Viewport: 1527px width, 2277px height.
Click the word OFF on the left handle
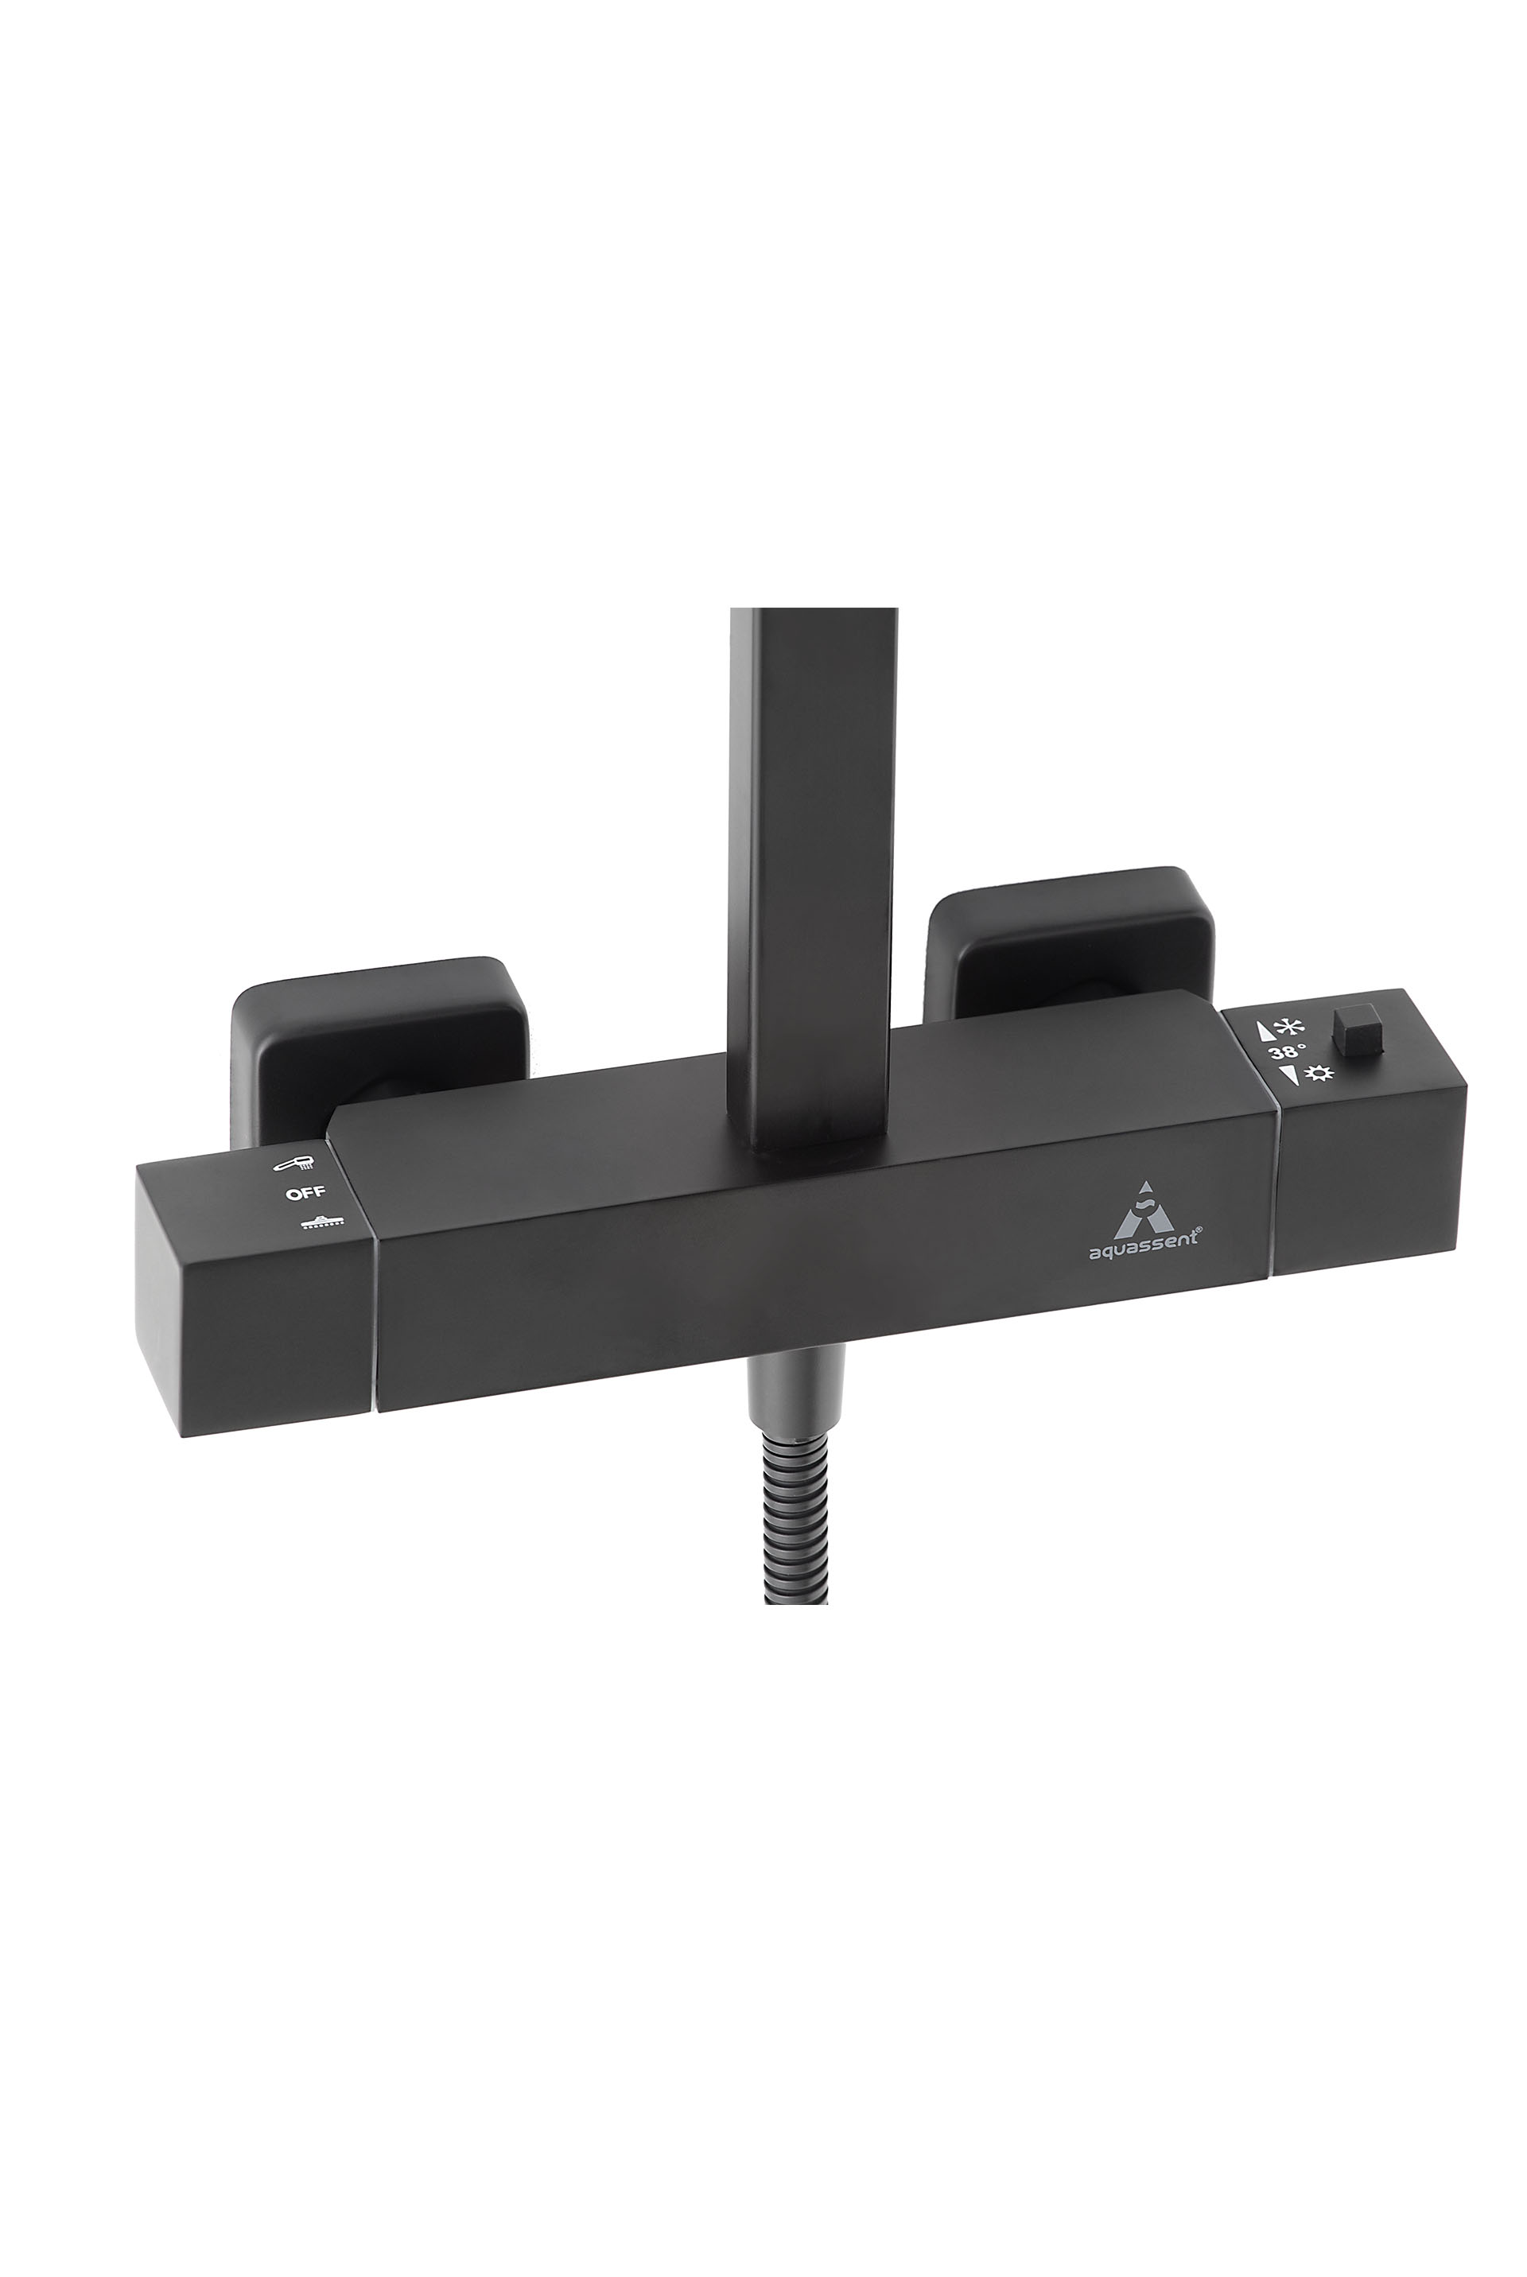coord(305,1192)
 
